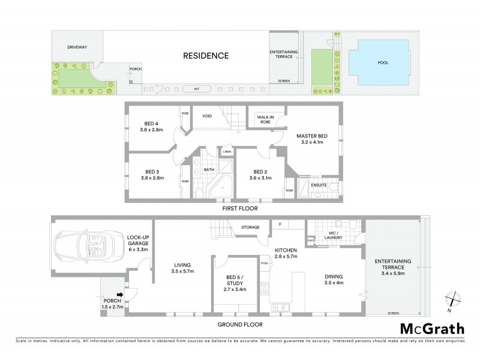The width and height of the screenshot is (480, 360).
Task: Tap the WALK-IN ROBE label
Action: (x=265, y=119)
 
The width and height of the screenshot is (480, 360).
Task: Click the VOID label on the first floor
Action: (x=208, y=116)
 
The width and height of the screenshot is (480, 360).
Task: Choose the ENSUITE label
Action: (x=319, y=185)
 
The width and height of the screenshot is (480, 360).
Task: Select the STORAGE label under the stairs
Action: (x=250, y=227)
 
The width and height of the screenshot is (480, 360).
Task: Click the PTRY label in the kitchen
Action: (x=264, y=263)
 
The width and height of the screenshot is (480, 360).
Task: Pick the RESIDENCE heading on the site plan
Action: (x=206, y=56)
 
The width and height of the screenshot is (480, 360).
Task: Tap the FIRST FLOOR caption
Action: (x=239, y=209)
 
